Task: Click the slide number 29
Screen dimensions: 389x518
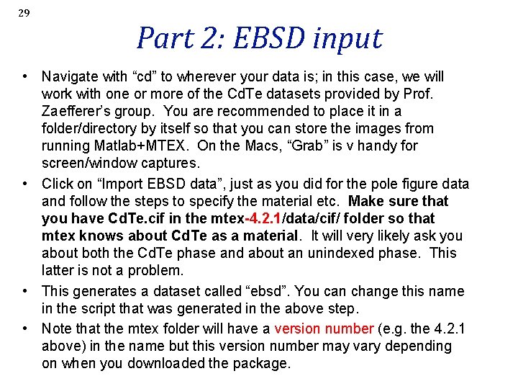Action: pyautogui.click(x=24, y=13)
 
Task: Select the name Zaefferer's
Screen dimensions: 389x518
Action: pyautogui.click(x=78, y=111)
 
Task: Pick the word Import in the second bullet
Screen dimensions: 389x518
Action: pyautogui.click(x=122, y=184)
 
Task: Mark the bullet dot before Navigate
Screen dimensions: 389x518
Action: pyautogui.click(x=25, y=76)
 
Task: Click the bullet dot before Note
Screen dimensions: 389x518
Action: pyautogui.click(x=25, y=328)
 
